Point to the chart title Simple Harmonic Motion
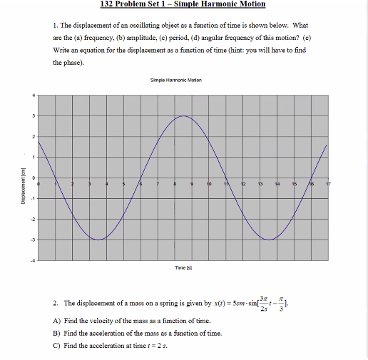tap(176, 81)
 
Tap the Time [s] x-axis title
tap(182, 267)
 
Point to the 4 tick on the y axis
tap(32, 96)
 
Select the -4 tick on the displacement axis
tap(31, 259)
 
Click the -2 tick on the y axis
tap(31, 219)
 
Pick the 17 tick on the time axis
tap(327, 184)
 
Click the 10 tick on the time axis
tap(208, 184)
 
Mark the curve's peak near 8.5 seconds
tap(183, 116)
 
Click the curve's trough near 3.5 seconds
tap(98, 240)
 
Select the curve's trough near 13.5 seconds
tap(268, 240)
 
